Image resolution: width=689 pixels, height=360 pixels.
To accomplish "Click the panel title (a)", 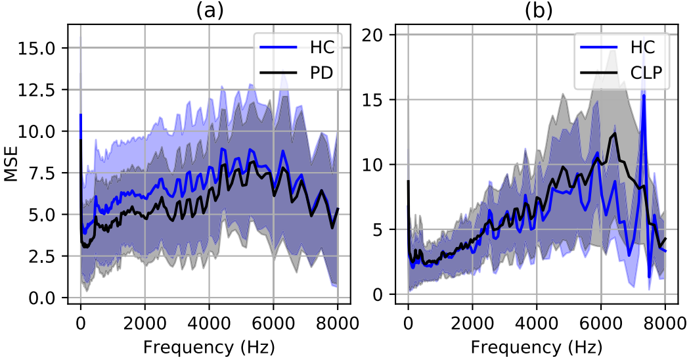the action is pos(209,11).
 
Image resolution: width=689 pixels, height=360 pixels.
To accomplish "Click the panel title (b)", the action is pos(538,11).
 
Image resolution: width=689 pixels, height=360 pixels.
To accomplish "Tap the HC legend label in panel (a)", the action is pos(322,47).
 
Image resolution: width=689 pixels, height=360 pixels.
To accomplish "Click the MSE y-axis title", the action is pos(11,164).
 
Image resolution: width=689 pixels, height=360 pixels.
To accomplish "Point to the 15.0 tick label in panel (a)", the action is pos(37,48).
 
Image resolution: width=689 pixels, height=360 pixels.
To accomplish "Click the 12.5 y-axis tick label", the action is pos(37,89).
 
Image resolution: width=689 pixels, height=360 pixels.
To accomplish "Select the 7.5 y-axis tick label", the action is pos(42,173).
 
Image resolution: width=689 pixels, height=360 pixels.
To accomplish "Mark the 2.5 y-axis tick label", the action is pos(42,256).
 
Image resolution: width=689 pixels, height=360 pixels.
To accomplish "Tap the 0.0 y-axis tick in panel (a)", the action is pos(42,298).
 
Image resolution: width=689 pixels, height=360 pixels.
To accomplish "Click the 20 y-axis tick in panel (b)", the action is pos(372,35).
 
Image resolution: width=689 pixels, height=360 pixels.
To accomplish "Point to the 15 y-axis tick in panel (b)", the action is pos(372,100).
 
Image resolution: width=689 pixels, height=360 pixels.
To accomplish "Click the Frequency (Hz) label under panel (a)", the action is pos(209,348).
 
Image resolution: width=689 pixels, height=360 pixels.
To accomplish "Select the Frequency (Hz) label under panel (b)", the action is pos(537,348).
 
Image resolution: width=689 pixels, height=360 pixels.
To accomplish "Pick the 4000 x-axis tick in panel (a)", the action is pos(209,324).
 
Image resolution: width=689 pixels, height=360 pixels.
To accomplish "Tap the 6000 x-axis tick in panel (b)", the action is pos(601,324).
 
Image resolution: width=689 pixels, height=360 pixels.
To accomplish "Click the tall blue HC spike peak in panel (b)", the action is pos(644,95).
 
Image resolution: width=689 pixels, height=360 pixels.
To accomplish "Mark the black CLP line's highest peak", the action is pos(614,133).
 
